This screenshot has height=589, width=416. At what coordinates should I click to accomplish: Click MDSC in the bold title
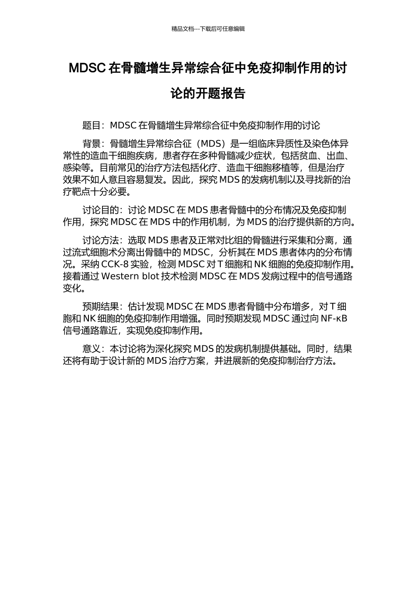87,68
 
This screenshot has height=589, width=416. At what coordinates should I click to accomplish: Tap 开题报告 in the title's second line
220,93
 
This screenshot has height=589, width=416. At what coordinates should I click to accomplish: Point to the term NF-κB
334,319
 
